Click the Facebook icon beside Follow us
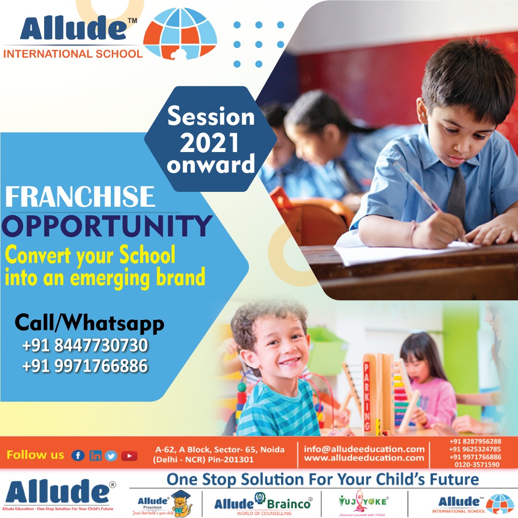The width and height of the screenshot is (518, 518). [78, 456]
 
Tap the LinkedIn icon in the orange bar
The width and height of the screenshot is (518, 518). [95, 456]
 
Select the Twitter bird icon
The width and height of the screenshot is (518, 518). [112, 456]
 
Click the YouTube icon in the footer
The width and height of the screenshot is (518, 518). [129, 456]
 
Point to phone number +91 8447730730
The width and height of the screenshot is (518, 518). [85, 345]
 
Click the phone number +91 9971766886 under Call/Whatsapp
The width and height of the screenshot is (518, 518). [85, 366]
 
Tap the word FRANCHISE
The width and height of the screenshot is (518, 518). [81, 197]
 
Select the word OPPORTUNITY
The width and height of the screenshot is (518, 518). [107, 225]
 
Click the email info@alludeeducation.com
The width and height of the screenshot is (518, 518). [365, 449]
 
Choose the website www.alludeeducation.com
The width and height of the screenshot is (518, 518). [365, 459]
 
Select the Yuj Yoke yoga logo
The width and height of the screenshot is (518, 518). [363, 504]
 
